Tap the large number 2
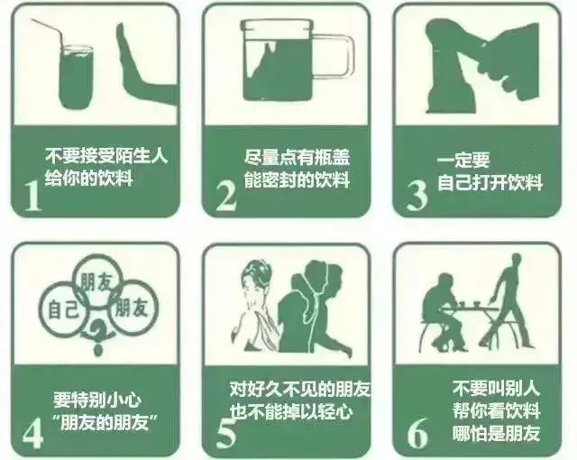pyautogui.click(x=225, y=194)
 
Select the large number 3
pyautogui.click(x=416, y=194)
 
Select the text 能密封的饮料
pyautogui.click(x=297, y=179)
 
